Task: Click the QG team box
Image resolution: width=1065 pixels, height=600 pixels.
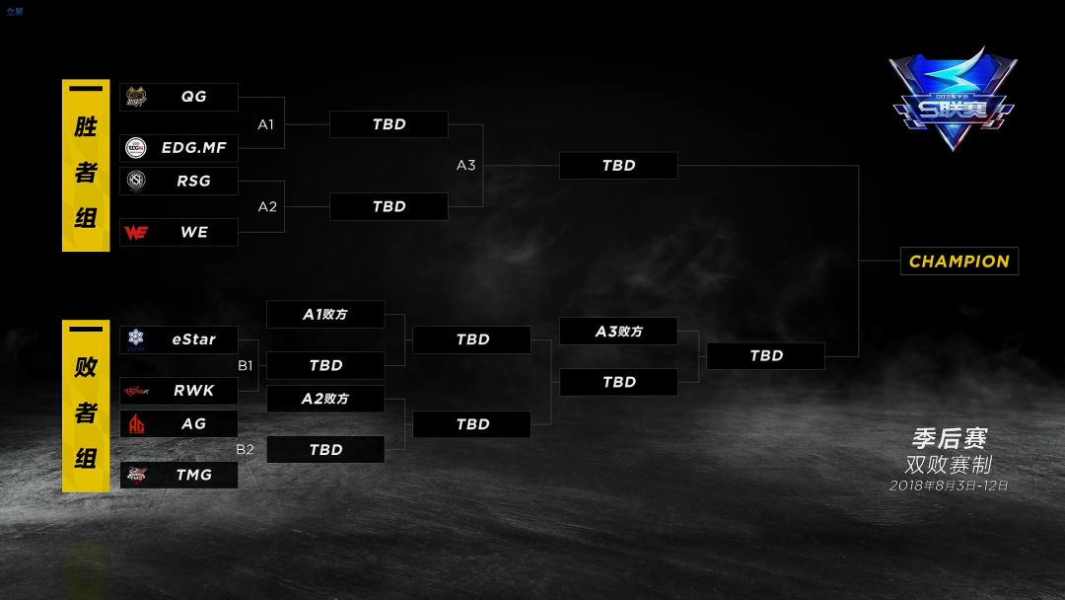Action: tap(178, 97)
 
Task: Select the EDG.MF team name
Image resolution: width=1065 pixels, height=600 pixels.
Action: tap(194, 148)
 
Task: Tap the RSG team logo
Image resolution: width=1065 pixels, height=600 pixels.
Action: tap(136, 181)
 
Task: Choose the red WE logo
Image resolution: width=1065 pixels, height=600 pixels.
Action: tap(136, 232)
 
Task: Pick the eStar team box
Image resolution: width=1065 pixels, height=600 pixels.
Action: tap(178, 339)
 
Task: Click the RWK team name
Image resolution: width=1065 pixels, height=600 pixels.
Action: tap(193, 391)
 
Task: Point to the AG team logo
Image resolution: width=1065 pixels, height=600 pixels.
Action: tap(136, 423)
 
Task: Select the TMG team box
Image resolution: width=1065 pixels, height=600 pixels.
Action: tap(178, 475)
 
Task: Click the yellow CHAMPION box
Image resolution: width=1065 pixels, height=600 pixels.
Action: tap(958, 262)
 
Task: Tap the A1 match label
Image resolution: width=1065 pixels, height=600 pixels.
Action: tap(266, 124)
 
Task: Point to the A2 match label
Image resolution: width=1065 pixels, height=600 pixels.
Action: tap(266, 206)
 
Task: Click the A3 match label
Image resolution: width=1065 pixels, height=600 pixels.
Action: tap(465, 165)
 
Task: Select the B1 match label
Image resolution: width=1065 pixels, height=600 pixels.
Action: tap(245, 365)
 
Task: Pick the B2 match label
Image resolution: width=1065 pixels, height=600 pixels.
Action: tap(245, 449)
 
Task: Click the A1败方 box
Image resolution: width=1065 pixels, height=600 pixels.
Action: tap(325, 315)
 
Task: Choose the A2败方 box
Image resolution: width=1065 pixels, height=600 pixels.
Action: tap(325, 399)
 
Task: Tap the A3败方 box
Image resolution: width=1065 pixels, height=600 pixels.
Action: tap(618, 332)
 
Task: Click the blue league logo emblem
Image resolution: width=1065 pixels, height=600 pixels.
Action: tap(952, 100)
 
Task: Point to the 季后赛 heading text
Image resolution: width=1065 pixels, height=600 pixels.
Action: tap(949, 438)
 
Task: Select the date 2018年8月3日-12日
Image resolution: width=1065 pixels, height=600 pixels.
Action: tap(949, 486)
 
